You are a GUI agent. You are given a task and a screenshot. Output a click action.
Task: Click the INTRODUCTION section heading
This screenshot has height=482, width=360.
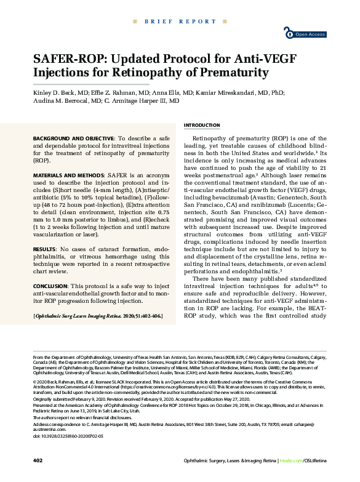202,125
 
